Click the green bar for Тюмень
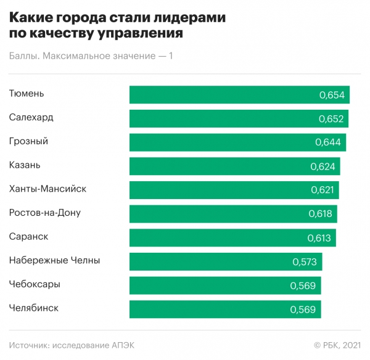click(x=222, y=95)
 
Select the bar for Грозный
click(x=222, y=142)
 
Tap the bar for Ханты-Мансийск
click(x=222, y=190)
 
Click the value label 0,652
click(x=332, y=119)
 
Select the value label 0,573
click(x=305, y=262)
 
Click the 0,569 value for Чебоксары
click(x=303, y=285)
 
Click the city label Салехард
click(x=31, y=117)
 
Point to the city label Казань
click(x=25, y=165)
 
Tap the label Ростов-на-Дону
click(x=45, y=213)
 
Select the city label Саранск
click(x=29, y=236)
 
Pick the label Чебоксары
click(x=35, y=284)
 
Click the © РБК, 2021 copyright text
click(x=337, y=345)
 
